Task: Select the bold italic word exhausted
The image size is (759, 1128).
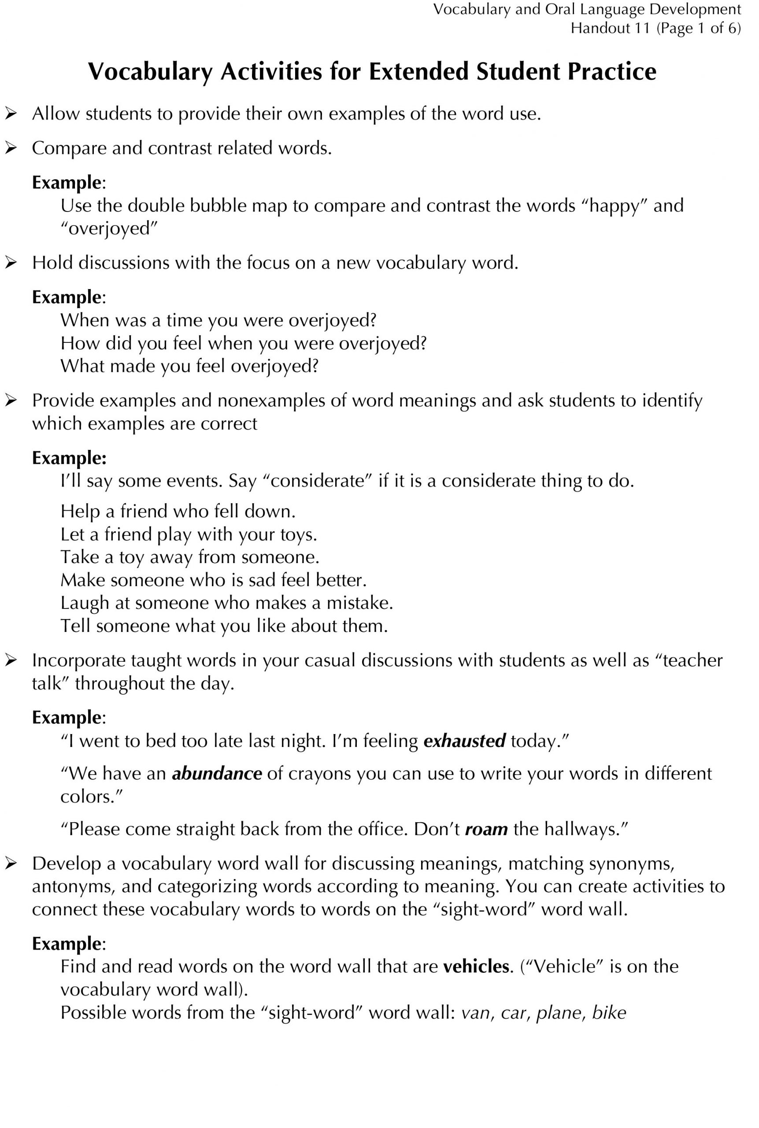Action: point(465,741)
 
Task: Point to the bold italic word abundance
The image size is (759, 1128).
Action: point(217,774)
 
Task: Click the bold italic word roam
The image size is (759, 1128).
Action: point(486,829)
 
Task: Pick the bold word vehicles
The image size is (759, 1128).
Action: point(476,966)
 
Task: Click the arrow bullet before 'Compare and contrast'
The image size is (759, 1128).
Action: point(11,148)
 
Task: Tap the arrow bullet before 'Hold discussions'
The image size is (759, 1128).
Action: point(11,263)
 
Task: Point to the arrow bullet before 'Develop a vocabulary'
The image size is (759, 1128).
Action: point(11,864)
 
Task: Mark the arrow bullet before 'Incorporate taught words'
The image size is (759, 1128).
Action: point(11,660)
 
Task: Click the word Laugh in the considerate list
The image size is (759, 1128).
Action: point(85,603)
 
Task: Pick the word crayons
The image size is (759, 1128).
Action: point(320,774)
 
